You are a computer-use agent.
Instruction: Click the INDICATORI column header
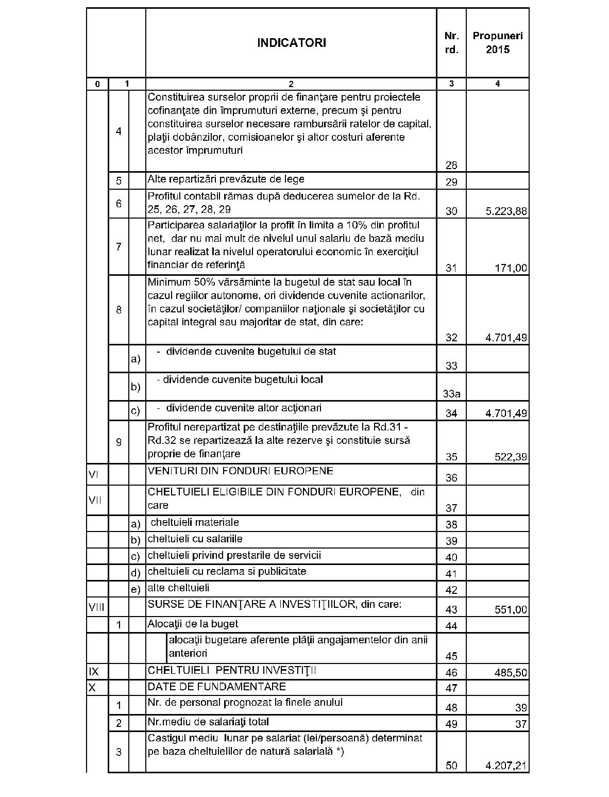(x=291, y=43)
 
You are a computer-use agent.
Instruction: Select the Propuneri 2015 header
(x=497, y=43)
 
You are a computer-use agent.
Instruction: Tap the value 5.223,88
(x=506, y=211)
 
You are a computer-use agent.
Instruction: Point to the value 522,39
(x=512, y=457)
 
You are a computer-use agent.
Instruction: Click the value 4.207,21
(x=506, y=766)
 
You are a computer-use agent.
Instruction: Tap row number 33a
(x=451, y=394)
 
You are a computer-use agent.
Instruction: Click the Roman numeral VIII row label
(x=96, y=607)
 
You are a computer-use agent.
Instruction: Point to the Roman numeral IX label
(x=94, y=671)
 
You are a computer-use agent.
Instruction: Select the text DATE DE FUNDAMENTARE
(x=216, y=687)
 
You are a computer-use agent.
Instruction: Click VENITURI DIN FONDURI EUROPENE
(x=240, y=471)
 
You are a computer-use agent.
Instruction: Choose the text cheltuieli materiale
(x=195, y=522)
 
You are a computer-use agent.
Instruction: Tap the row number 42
(x=451, y=590)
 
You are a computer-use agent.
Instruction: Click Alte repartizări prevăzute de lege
(x=226, y=179)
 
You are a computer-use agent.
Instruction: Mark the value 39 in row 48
(x=521, y=708)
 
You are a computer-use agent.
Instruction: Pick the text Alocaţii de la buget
(x=193, y=624)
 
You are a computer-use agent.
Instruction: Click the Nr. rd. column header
(x=451, y=43)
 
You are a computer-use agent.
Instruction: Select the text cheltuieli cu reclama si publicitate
(x=227, y=571)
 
